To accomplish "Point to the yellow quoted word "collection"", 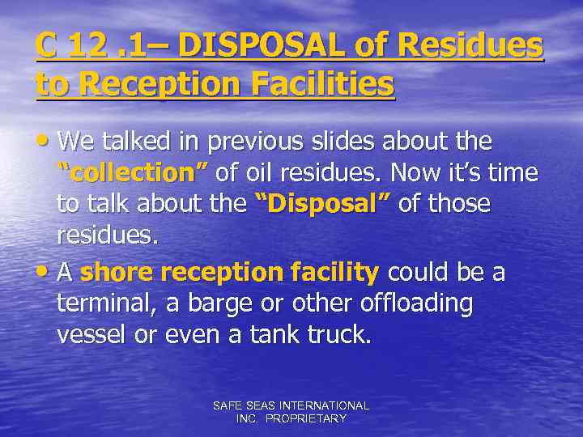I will point(133,172).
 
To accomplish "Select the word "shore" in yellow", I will point(117,273).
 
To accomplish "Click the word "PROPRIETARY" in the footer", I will point(306,418).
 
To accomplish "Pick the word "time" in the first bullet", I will point(515,172).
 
